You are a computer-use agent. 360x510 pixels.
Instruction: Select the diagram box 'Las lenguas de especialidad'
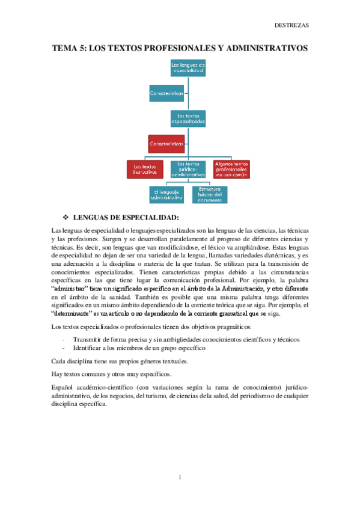188,67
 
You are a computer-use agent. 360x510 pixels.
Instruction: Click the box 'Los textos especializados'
188,117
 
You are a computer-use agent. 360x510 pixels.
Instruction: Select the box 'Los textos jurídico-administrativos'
188,169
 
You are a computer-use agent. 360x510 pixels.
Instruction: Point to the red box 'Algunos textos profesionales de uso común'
232,169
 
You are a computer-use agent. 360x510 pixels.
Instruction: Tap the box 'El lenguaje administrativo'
166,194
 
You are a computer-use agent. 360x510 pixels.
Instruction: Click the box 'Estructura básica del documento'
210,194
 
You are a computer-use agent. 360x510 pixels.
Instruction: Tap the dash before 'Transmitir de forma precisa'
64,339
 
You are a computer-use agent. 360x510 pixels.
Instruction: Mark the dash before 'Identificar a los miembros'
64,348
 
